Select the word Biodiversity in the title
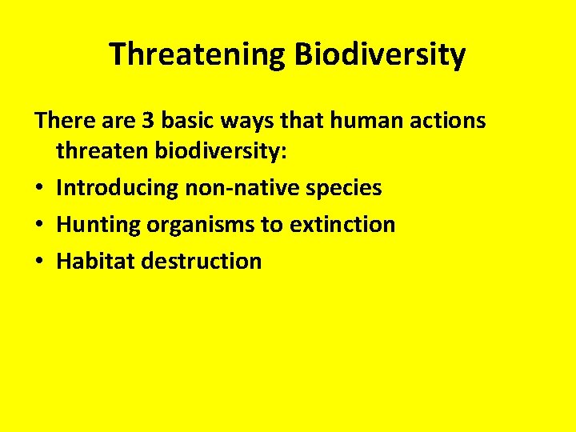[x=380, y=54]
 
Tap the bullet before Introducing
[x=39, y=189]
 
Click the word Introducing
[x=118, y=189]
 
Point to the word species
[x=345, y=189]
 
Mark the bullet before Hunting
[x=39, y=225]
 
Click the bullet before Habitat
[x=39, y=261]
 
